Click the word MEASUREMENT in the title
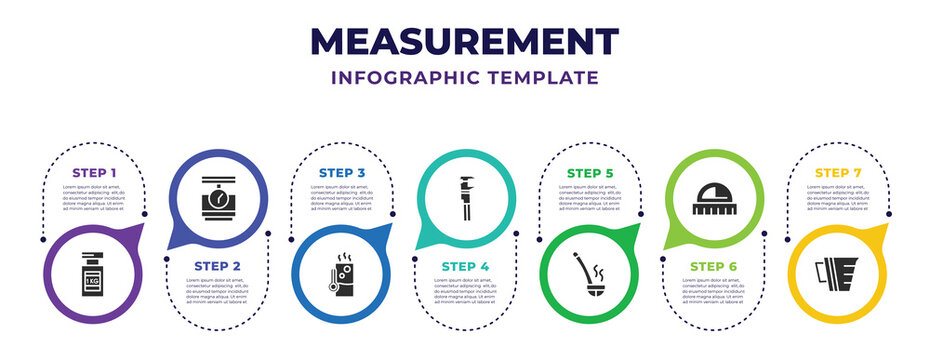(x=465, y=41)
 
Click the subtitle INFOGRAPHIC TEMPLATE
(x=465, y=78)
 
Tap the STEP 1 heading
(x=93, y=173)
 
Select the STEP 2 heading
(x=217, y=264)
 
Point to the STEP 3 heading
(x=341, y=173)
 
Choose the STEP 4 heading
(x=465, y=264)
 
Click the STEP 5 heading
(x=589, y=173)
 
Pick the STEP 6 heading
(x=713, y=264)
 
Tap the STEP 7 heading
(x=837, y=173)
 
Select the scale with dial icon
(x=217, y=192)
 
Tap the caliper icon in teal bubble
(x=465, y=192)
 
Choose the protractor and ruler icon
(x=713, y=192)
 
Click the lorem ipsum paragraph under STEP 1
(x=93, y=197)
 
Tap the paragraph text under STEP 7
(x=837, y=197)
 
